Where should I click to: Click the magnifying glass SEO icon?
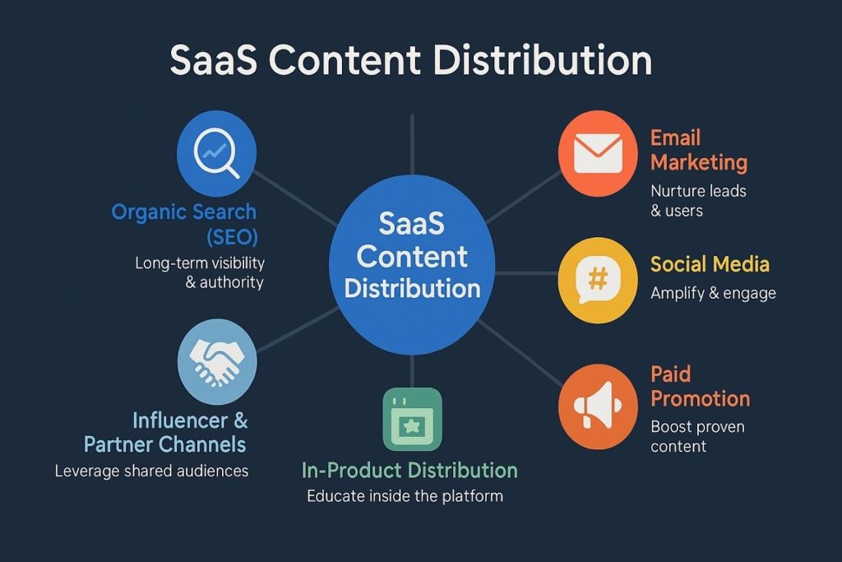coord(216,154)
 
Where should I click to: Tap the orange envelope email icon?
coord(598,154)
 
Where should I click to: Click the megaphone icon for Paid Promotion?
coord(598,405)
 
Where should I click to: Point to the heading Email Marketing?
coord(698,150)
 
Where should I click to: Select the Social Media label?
coord(710,264)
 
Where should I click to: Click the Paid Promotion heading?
coord(700,387)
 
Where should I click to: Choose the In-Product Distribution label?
coord(409,471)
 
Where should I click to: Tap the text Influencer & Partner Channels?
coord(165,433)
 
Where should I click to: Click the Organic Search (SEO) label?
coord(184,225)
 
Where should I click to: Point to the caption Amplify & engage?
coord(713,293)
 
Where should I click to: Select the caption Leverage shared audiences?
coord(151,471)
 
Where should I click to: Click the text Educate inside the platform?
coord(405,496)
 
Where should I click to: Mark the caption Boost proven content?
coord(697,436)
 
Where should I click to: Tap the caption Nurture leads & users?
coord(698,200)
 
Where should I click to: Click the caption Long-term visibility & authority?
coord(200,273)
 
